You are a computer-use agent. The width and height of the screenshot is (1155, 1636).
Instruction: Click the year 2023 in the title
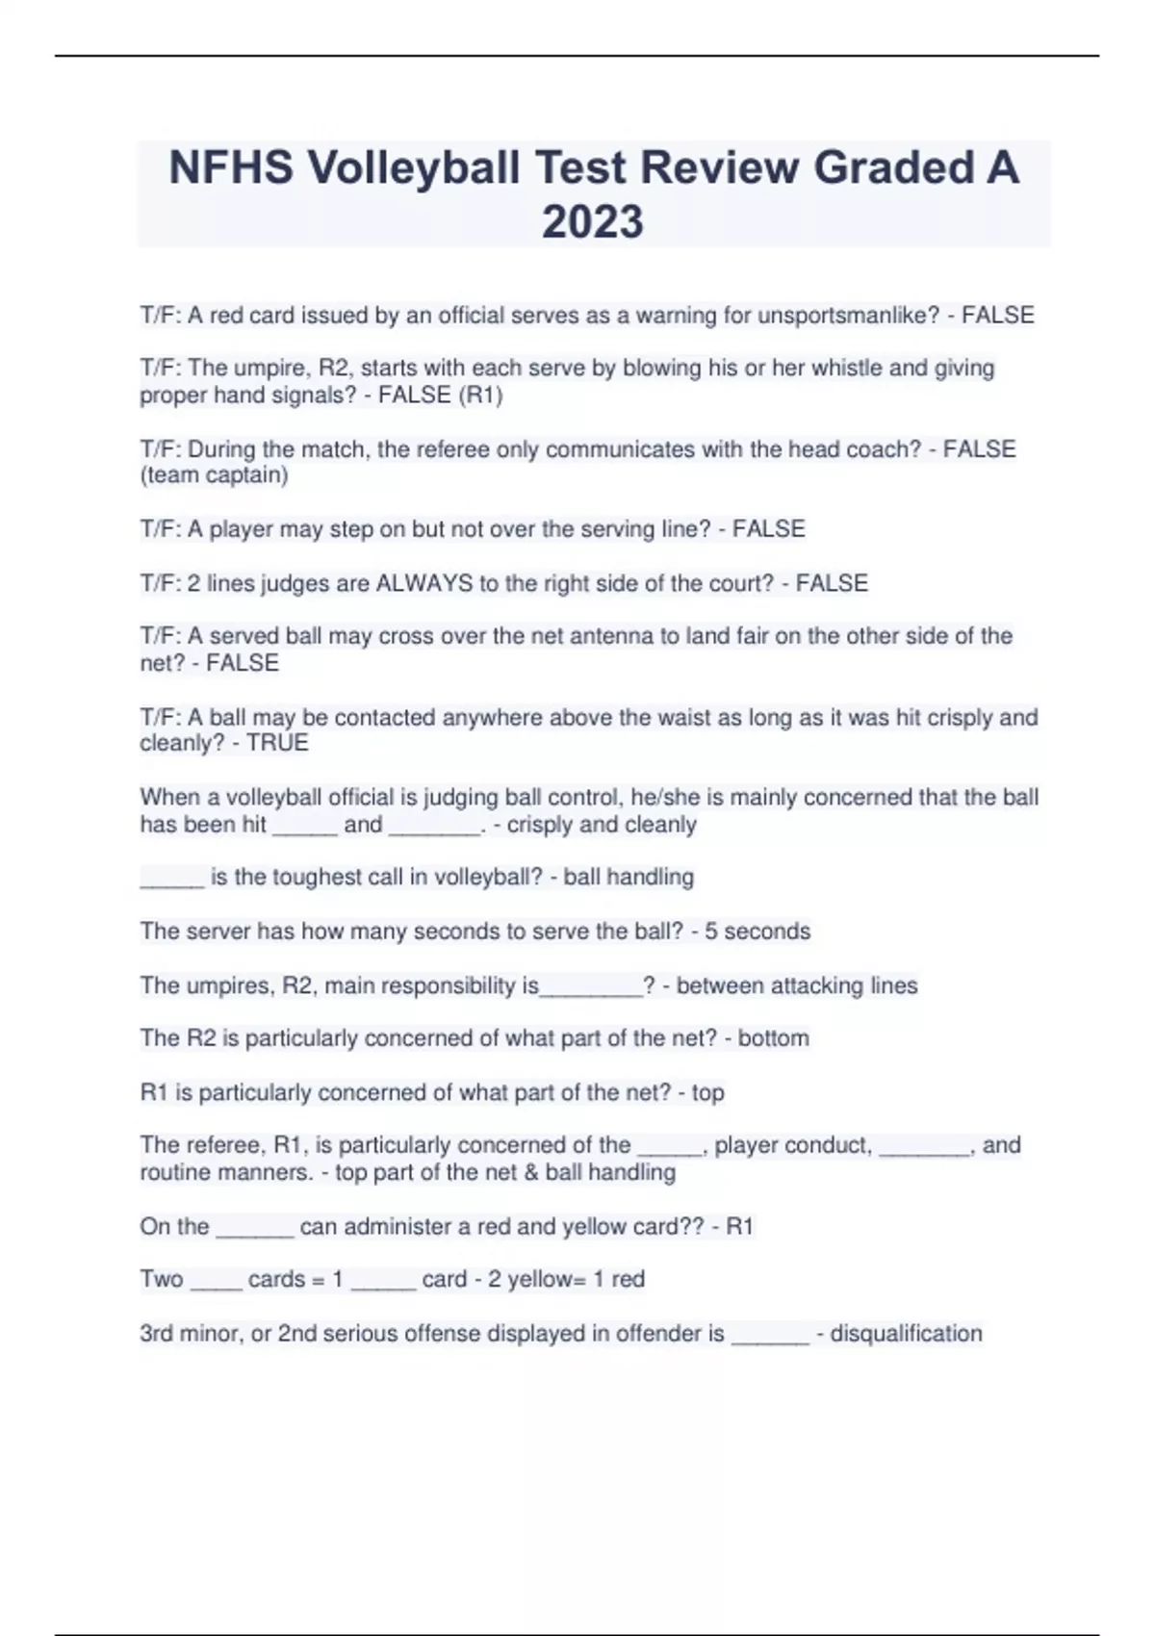(x=593, y=221)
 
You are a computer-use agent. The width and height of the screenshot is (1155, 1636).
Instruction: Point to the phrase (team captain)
(x=214, y=475)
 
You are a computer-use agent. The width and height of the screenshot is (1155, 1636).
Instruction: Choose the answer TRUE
(x=277, y=743)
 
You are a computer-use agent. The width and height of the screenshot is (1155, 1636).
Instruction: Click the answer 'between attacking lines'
(x=797, y=985)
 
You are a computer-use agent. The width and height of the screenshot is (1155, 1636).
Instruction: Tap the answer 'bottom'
(x=773, y=1038)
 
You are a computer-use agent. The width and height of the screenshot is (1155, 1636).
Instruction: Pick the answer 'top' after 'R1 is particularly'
(x=707, y=1093)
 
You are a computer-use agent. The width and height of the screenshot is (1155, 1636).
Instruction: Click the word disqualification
(x=906, y=1334)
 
